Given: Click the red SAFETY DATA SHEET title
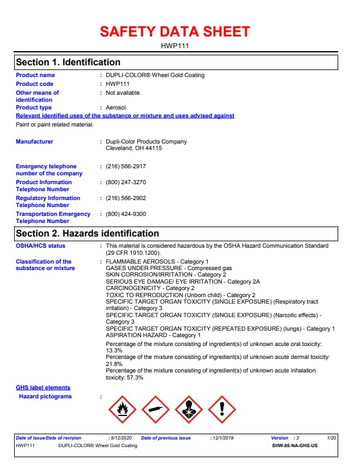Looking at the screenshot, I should (x=175, y=32).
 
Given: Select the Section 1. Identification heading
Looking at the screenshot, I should (x=68, y=62).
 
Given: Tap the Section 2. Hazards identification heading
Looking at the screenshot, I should (x=88, y=234).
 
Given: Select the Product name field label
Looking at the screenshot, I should (x=35, y=75).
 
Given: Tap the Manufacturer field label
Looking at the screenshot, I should (x=34, y=142).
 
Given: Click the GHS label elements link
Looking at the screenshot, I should (x=43, y=388).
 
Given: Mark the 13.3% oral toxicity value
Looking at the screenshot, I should (x=114, y=351).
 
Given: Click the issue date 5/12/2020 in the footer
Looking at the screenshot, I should (x=122, y=438).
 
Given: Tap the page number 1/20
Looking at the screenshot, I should (x=332, y=438).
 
